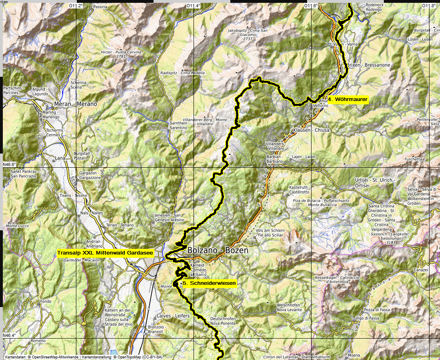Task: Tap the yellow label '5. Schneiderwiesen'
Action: pos(208,284)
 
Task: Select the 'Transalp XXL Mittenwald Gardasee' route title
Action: pos(105,253)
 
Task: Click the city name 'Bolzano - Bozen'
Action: pos(218,251)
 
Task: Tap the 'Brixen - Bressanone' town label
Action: pos(368,65)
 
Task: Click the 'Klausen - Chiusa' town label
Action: pos(312,131)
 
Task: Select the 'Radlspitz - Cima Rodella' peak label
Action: pos(183,73)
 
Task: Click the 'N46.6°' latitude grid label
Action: pos(9,165)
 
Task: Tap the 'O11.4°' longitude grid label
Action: pos(193,6)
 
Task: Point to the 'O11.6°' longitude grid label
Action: pos(311,6)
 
